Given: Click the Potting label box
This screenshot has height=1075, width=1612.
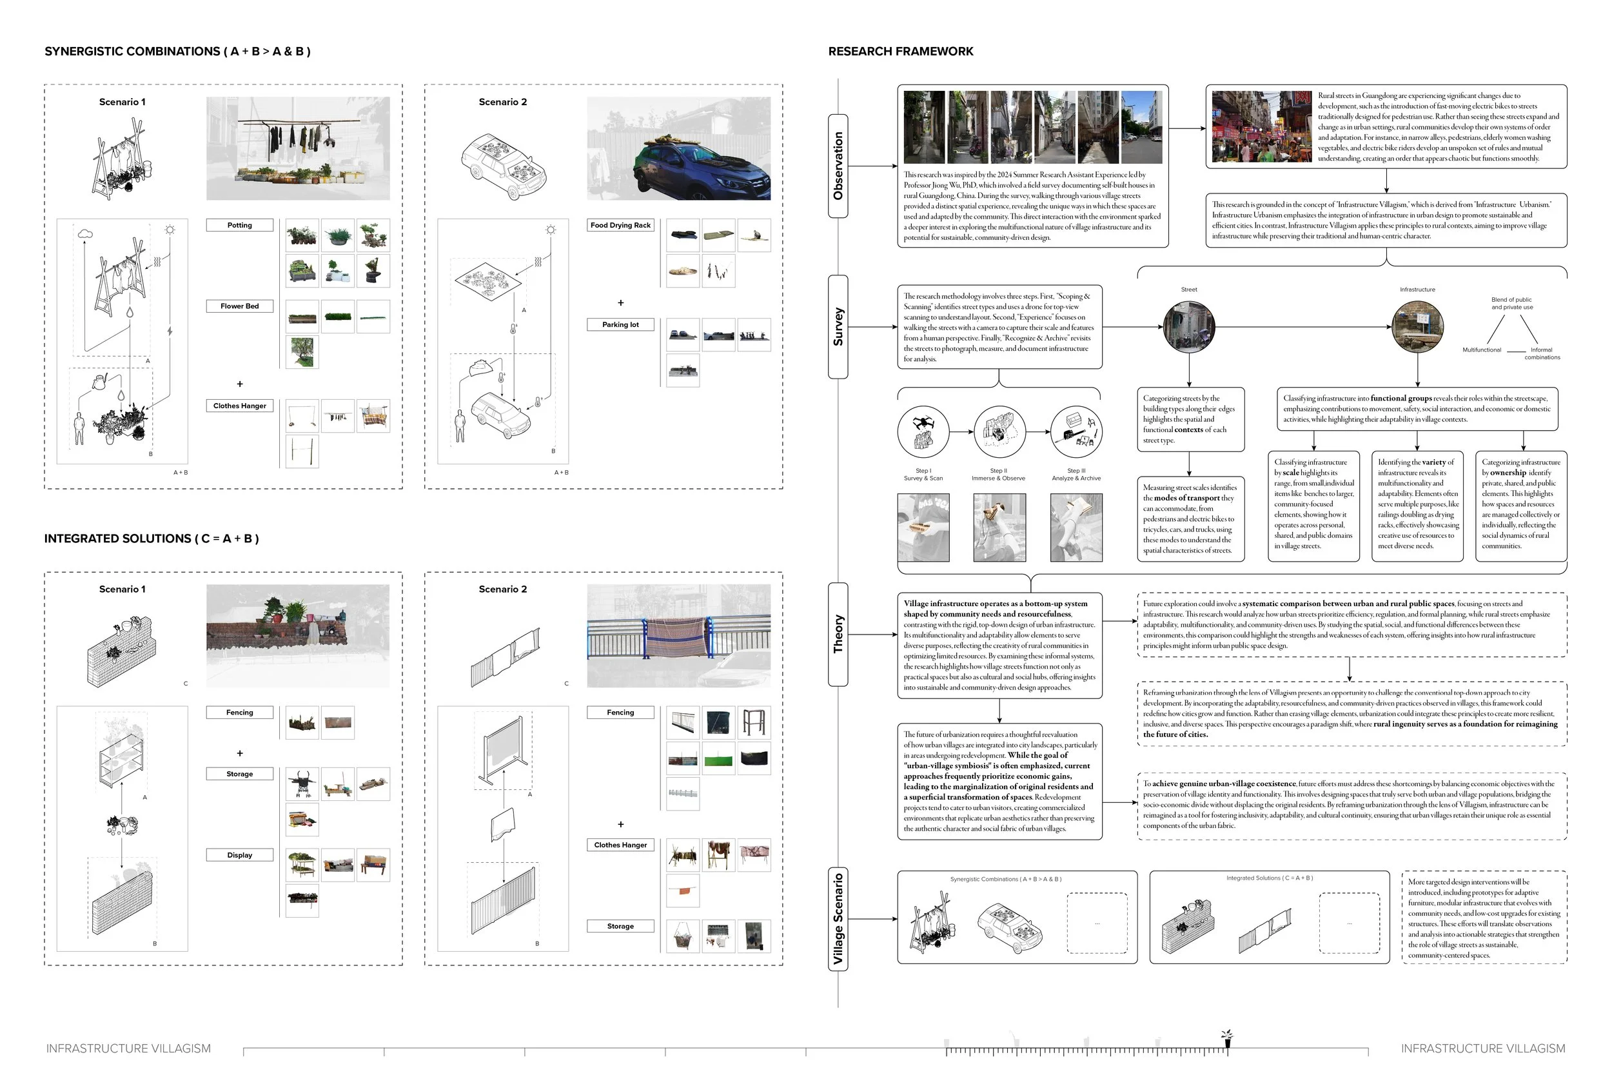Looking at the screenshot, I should [x=239, y=225].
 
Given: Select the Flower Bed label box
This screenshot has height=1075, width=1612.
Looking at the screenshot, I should [x=239, y=306].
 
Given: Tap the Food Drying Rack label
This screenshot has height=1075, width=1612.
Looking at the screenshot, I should [x=620, y=225].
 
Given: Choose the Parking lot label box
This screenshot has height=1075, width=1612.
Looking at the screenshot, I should [x=620, y=324].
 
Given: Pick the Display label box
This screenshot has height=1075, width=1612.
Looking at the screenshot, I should [x=239, y=855].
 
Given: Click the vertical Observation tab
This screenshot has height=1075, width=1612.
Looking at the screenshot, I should [x=838, y=166].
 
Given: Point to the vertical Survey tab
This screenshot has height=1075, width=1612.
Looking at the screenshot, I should [x=838, y=326].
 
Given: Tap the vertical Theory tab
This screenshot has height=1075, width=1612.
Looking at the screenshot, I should [x=838, y=633].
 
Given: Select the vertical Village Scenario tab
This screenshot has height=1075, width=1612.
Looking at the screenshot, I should [x=838, y=919].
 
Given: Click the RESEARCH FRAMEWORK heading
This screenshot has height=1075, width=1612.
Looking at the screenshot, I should [x=901, y=52].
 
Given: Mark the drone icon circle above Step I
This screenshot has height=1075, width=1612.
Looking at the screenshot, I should [x=923, y=431].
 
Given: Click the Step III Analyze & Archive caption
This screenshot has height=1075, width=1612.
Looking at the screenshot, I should [x=1076, y=475].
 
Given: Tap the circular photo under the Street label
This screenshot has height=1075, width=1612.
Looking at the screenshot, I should [x=1189, y=326].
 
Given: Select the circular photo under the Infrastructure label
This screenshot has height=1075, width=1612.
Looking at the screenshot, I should [x=1417, y=326].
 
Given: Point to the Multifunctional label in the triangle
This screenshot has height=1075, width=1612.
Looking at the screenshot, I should [x=1482, y=350].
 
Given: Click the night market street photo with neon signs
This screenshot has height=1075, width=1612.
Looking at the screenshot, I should [x=1261, y=127].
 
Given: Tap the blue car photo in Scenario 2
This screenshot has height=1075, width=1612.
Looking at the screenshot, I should [x=678, y=148].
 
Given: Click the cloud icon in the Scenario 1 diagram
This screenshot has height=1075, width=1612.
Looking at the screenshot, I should [x=86, y=234].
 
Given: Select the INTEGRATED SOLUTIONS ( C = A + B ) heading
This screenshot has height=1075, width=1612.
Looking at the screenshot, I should [x=152, y=539].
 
